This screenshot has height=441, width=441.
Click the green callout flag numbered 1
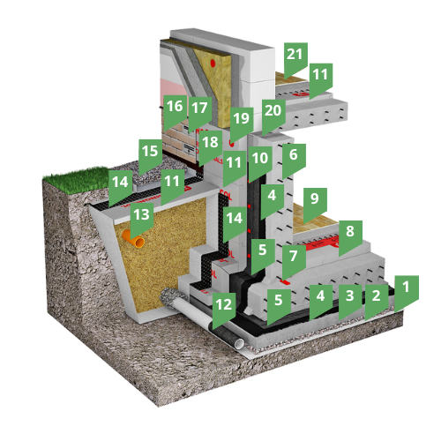[x=407, y=291]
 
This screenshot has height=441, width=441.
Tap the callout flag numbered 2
[x=377, y=300]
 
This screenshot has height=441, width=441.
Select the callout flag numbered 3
[x=350, y=300]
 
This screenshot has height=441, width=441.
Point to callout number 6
[x=294, y=160]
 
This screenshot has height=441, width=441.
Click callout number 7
[x=294, y=261]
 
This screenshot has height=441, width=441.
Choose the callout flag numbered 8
[x=350, y=236]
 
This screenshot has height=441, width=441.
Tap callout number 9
[x=315, y=204]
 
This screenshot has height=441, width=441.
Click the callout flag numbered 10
[x=260, y=163]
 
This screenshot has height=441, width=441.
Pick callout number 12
[x=224, y=309]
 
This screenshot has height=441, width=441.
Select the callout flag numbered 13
[x=142, y=219]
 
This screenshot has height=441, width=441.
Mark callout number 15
[x=151, y=156]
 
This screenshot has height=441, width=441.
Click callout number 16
[x=176, y=111]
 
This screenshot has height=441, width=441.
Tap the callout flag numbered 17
[x=200, y=113]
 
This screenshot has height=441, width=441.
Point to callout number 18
[x=211, y=147]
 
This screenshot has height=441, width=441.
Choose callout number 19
[x=242, y=123]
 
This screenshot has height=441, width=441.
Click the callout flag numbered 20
[x=273, y=116]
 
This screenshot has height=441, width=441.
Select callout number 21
[x=295, y=59]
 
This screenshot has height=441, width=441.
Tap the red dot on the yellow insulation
[x=213, y=63]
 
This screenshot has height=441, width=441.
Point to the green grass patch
[x=78, y=179]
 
